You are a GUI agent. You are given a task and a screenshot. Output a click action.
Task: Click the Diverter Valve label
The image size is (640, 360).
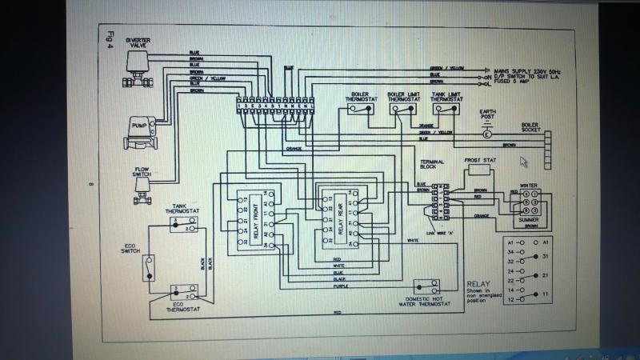pyautogui.click(x=138, y=42)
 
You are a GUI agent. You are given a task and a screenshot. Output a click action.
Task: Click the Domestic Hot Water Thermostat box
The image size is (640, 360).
pyautogui.click(x=423, y=286)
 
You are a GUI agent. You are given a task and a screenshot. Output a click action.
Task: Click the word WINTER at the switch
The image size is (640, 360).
pyautogui.click(x=528, y=186)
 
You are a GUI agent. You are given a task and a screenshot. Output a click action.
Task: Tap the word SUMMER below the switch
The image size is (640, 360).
pyautogui.click(x=528, y=219)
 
